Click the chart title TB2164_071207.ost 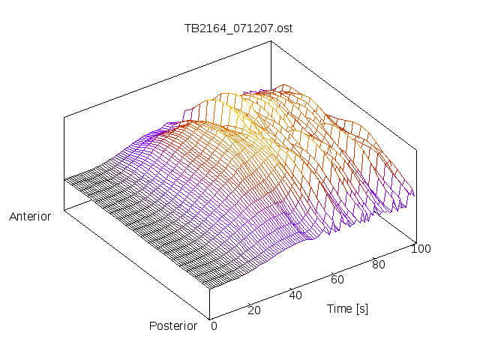tap(238, 28)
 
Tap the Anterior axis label tap(30, 217)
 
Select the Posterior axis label tap(173, 326)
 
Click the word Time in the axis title tap(340, 308)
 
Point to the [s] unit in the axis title tap(362, 309)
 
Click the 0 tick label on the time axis tap(214, 326)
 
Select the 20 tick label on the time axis tap(254, 310)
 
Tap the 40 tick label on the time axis tap(295, 295)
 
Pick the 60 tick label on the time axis tap(337, 280)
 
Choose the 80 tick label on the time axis tap(379, 265)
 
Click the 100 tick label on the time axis tap(421, 249)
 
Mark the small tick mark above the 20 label tap(249, 304)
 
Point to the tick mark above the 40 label tap(291, 289)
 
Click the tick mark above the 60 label tap(333, 273)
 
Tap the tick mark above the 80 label tap(374, 258)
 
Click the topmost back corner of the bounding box tap(271, 41)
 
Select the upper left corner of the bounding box tap(64, 117)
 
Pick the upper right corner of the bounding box tap(417, 150)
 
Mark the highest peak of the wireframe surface tap(283, 84)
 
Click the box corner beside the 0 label tap(210, 319)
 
